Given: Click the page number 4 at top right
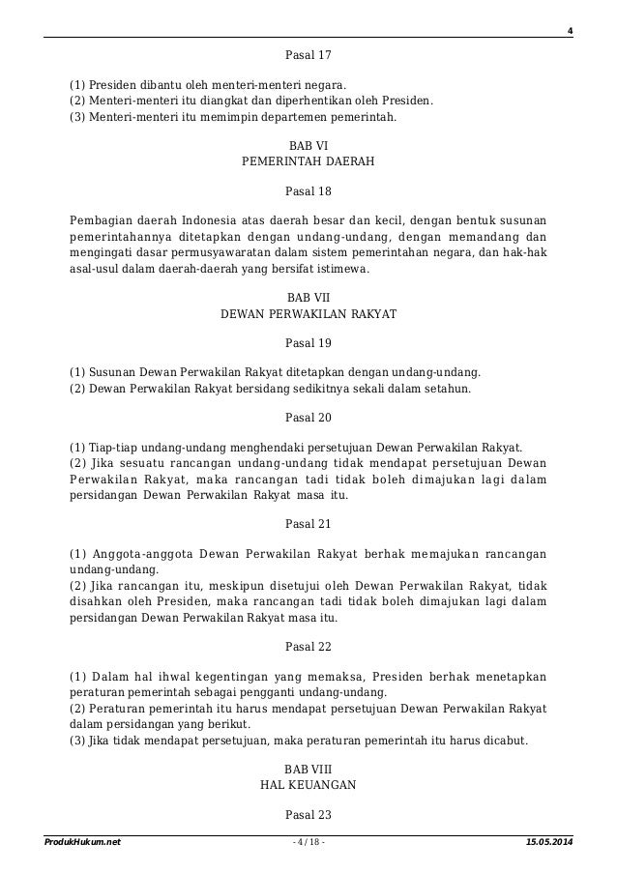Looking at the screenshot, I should [x=570, y=29].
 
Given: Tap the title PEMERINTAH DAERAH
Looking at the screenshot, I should [x=308, y=163].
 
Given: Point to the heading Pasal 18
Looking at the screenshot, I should [x=308, y=191].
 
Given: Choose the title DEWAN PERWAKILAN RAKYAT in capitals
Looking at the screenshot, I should [x=308, y=314].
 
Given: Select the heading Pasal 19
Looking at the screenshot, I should [x=308, y=342].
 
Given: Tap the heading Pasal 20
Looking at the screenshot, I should [x=308, y=418].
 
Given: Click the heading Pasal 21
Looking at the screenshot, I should [x=308, y=524].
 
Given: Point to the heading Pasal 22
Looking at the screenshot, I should [x=308, y=646].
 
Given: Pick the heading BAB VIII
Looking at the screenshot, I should [x=308, y=769].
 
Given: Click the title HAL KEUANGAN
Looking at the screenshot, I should [x=308, y=784].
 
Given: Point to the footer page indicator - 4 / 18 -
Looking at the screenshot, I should [x=308, y=843].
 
